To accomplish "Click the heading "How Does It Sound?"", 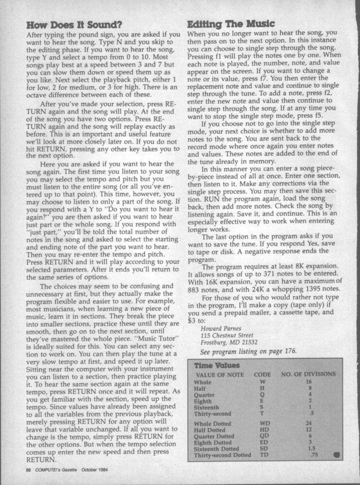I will [71, 25].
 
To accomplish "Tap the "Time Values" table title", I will [213, 366].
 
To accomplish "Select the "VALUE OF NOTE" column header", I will [220, 374].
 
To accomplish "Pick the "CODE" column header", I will [262, 374].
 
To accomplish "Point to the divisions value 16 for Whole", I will [310, 381].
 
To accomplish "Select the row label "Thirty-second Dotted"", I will [221, 456].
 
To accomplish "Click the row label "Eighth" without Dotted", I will [203, 401].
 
